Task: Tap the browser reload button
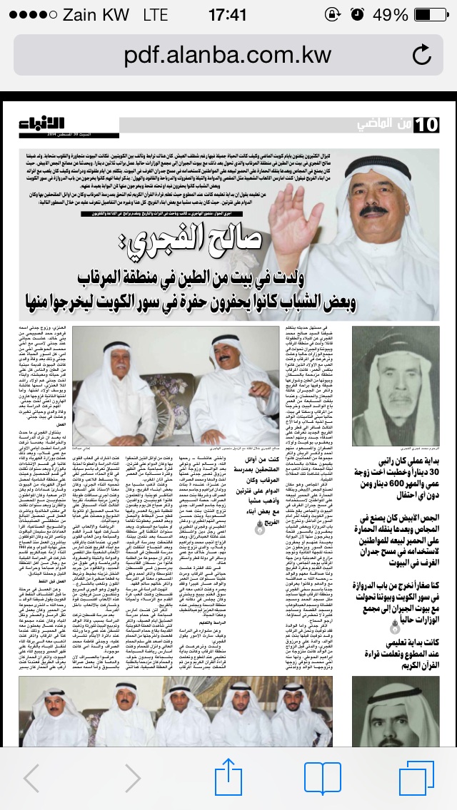pyautogui.click(x=422, y=55)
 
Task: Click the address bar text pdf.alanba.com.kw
pyautogui.click(x=227, y=55)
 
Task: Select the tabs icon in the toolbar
pyautogui.click(x=416, y=776)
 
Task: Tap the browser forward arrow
pyautogui.click(x=133, y=776)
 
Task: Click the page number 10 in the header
pyautogui.click(x=426, y=124)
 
